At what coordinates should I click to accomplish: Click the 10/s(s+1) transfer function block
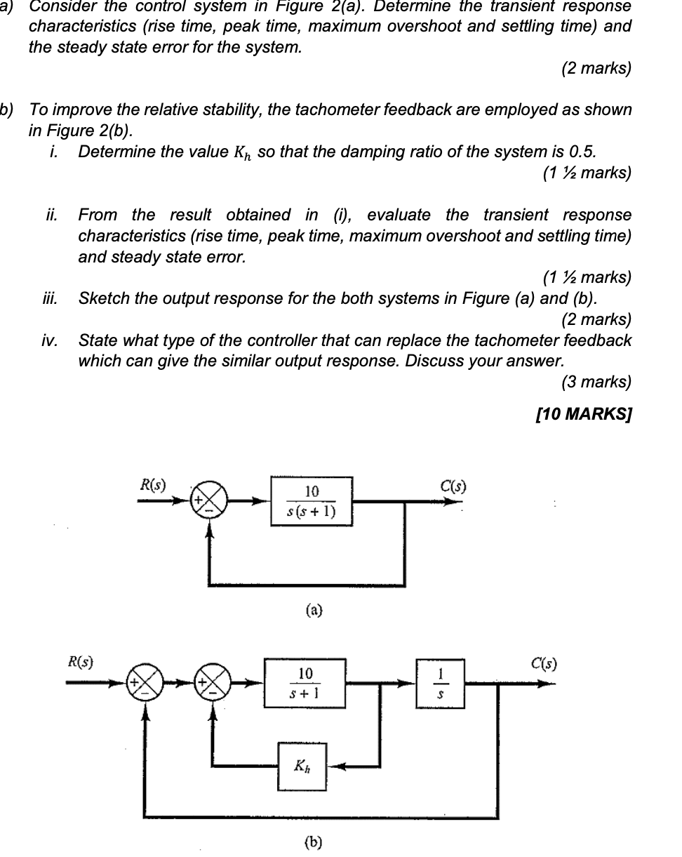tap(312, 501)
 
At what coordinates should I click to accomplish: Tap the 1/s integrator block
tap(440, 683)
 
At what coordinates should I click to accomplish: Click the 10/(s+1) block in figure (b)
tap(305, 683)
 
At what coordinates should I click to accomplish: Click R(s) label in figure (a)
tap(153, 484)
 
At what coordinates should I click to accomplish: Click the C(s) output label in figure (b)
tap(544, 663)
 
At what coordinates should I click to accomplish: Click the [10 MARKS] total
tap(583, 414)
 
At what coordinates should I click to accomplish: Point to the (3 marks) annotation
tap(596, 382)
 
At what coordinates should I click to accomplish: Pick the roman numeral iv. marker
tap(49, 341)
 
